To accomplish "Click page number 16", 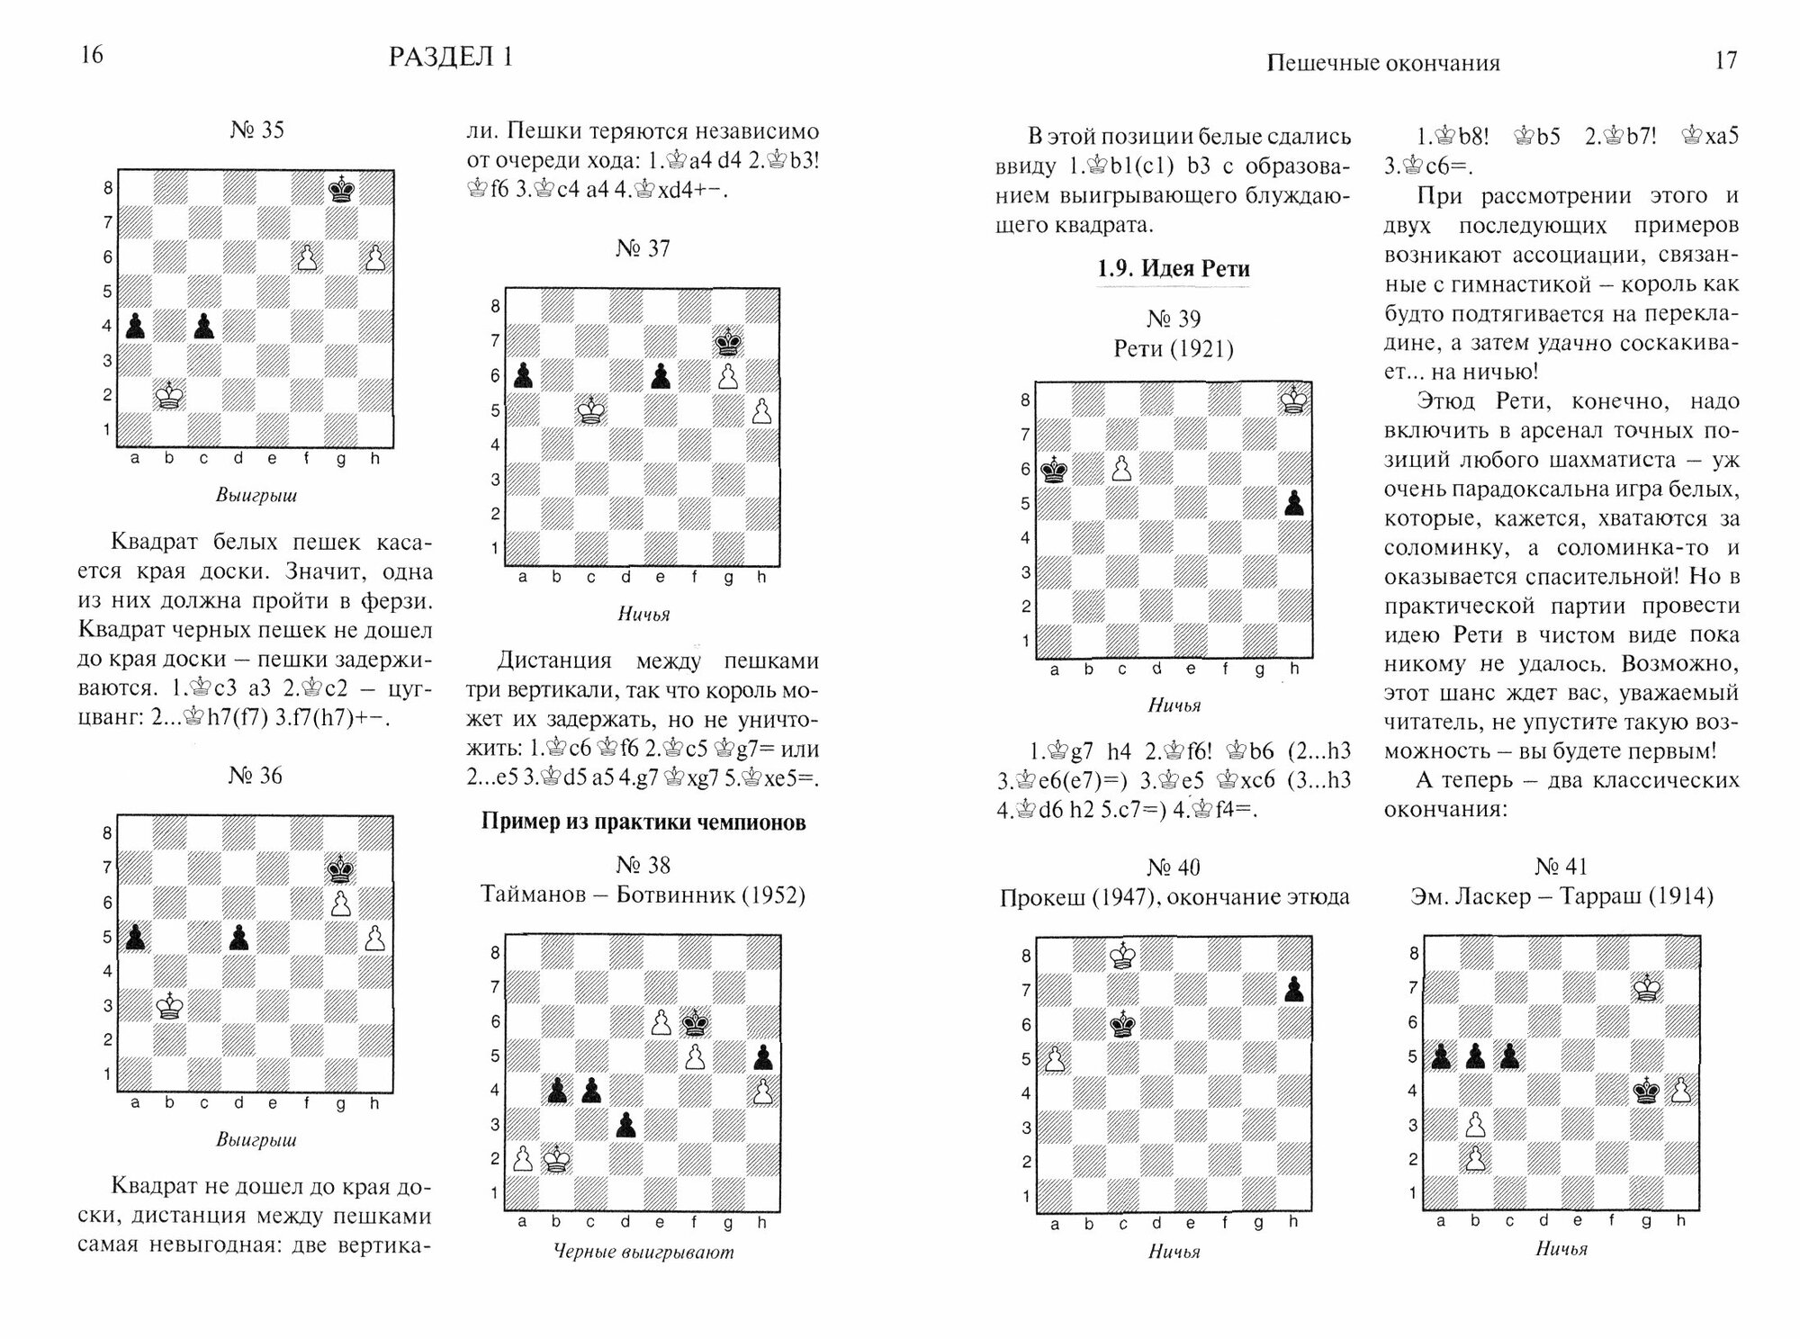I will pyautogui.click(x=92, y=55).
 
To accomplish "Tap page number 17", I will pyautogui.click(x=1725, y=60).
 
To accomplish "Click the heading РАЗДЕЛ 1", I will pyautogui.click(x=450, y=57).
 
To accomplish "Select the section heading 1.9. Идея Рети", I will pyautogui.click(x=1173, y=268).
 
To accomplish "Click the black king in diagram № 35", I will pyautogui.click(x=341, y=189).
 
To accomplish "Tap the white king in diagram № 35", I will pyautogui.click(x=169, y=395).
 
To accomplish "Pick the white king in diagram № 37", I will pyautogui.click(x=591, y=410).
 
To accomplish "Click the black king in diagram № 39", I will pyautogui.click(x=1055, y=470).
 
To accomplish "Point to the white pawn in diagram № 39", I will pyautogui.click(x=1121, y=468).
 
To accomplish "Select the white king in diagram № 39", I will pyautogui.click(x=1294, y=399).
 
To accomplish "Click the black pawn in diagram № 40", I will pyautogui.click(x=1294, y=989).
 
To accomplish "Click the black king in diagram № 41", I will pyautogui.click(x=1647, y=1092).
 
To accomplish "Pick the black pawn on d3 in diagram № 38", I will pyautogui.click(x=626, y=1125).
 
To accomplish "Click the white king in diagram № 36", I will pyautogui.click(x=169, y=1005).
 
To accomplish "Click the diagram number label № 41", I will pyautogui.click(x=1561, y=867).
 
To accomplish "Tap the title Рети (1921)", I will pyautogui.click(x=1173, y=348).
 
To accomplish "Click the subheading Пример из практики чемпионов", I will pyautogui.click(x=643, y=822).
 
